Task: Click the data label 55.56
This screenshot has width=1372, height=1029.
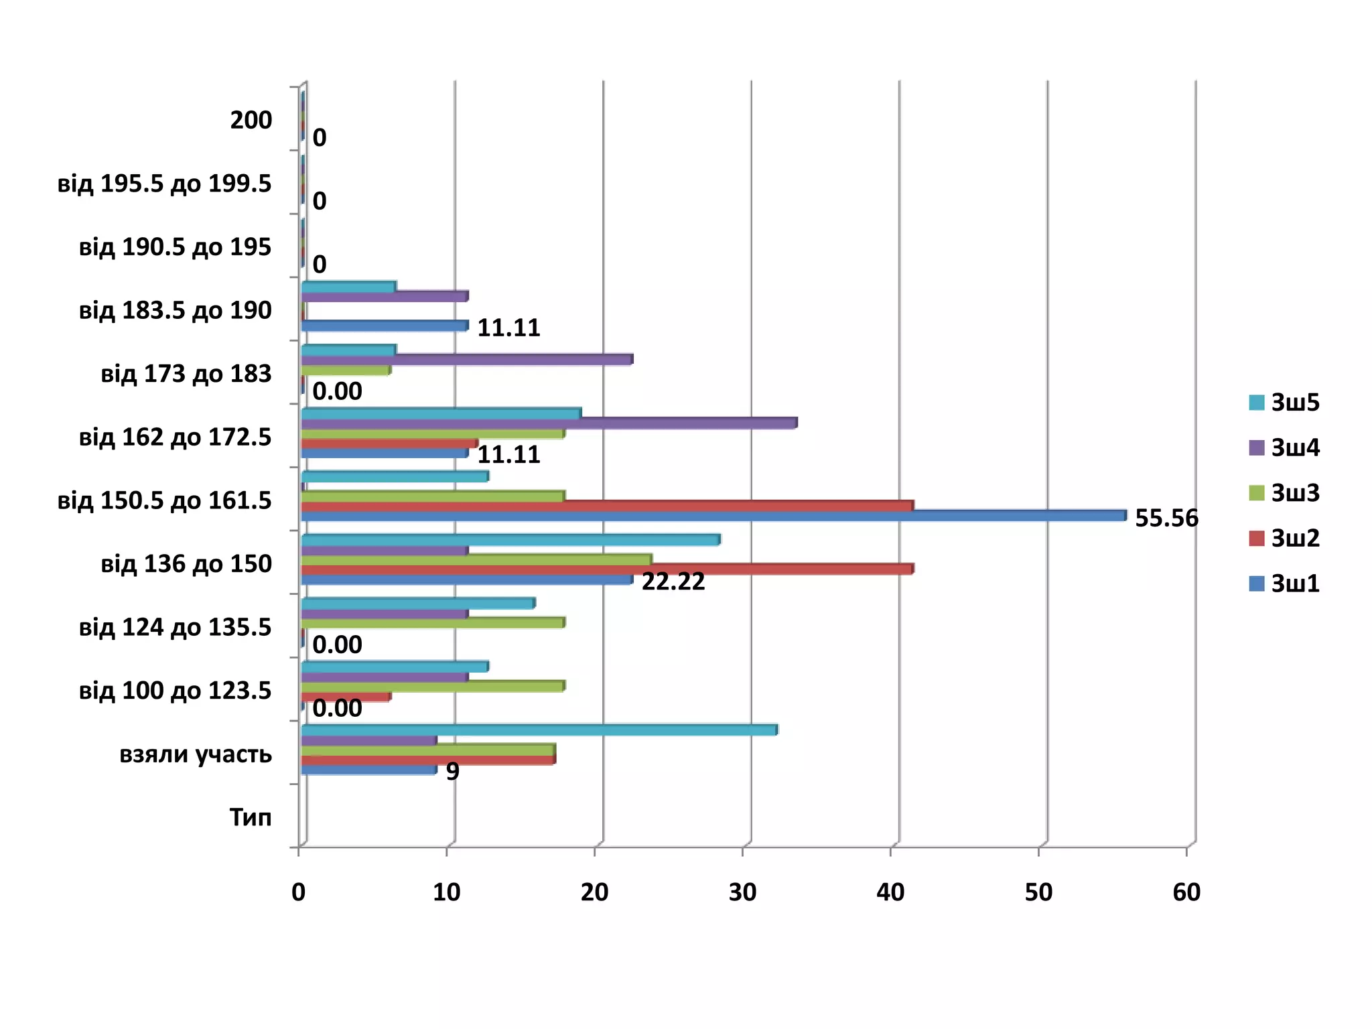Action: coord(1166,518)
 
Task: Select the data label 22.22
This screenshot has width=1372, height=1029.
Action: coord(673,581)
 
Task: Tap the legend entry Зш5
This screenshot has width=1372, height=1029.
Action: coord(1294,402)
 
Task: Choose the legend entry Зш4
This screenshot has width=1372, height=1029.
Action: coord(1294,448)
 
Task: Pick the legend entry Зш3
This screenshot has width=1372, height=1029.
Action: coord(1294,492)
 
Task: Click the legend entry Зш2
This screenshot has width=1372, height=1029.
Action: coord(1294,538)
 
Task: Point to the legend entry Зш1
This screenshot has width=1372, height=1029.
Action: coord(1294,584)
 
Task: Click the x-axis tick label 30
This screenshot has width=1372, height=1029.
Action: coord(742,892)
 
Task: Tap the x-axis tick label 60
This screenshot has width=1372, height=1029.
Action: coord(1186,892)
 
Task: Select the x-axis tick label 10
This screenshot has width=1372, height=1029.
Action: coord(446,892)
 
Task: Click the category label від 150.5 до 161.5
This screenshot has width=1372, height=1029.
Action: coord(164,500)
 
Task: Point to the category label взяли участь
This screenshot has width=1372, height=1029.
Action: coord(196,754)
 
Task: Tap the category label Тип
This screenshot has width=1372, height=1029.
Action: coord(251,817)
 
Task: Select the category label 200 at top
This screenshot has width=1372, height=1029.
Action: coord(251,120)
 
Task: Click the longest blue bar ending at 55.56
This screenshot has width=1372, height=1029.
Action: coord(713,516)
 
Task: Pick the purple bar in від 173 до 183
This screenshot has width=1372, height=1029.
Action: coord(467,360)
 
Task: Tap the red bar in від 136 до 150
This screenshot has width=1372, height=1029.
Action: coord(607,569)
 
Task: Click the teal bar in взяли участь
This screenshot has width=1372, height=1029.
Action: coord(539,730)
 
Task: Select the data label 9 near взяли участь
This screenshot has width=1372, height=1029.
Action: coord(453,772)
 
